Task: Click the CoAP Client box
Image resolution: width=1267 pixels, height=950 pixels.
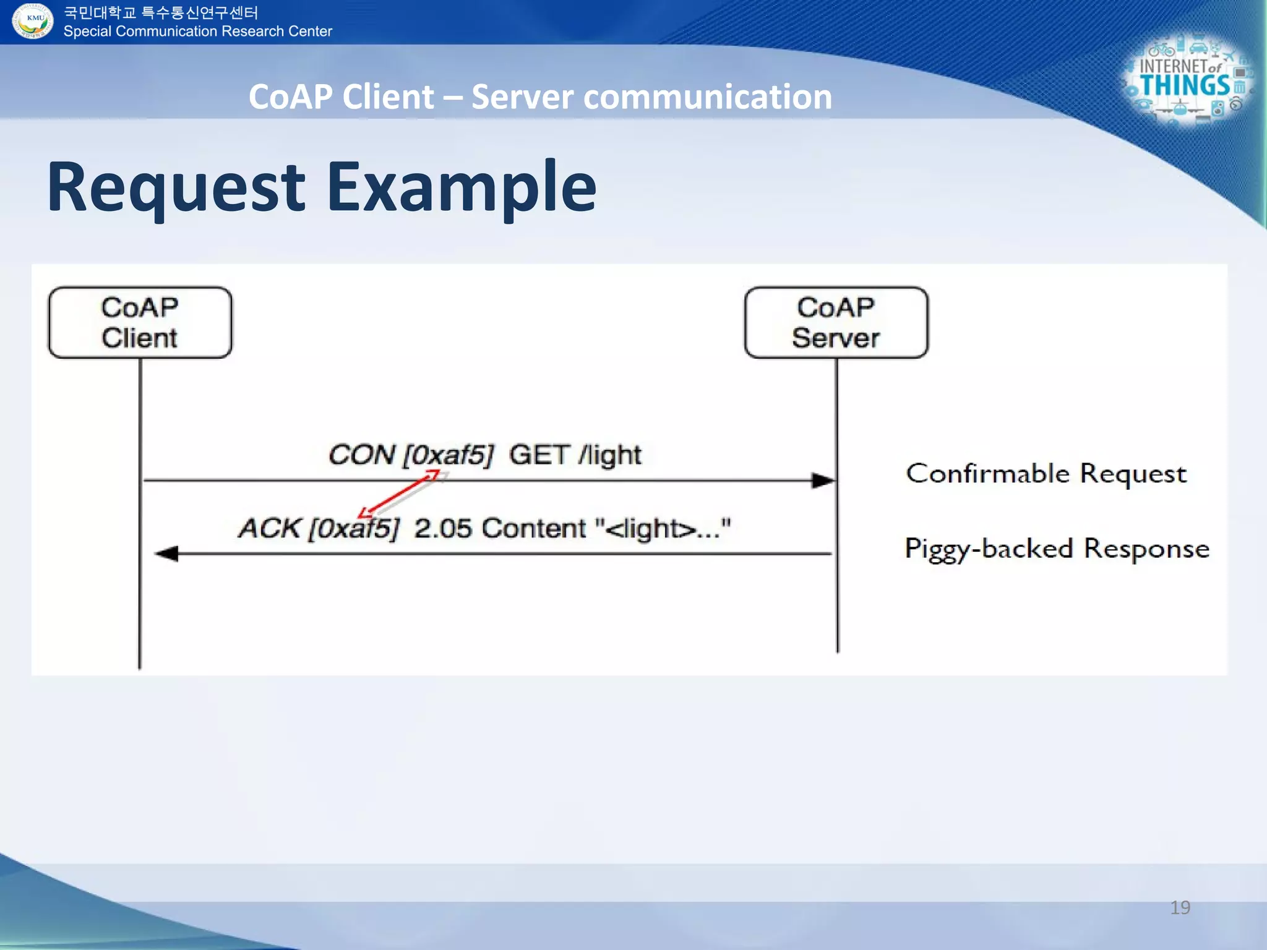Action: click(x=140, y=322)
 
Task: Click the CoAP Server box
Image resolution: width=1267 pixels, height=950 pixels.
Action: click(x=836, y=322)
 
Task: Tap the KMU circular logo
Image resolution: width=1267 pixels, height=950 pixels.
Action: click(x=32, y=20)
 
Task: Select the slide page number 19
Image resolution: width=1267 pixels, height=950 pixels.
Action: click(x=1180, y=907)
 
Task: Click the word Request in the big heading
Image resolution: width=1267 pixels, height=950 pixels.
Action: click(x=176, y=187)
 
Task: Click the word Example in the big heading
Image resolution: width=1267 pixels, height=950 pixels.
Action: click(x=461, y=187)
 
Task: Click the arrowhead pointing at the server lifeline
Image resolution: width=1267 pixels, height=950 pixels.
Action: click(x=823, y=480)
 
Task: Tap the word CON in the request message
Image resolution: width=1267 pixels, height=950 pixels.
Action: click(x=361, y=455)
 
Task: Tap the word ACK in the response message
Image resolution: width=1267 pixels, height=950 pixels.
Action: click(x=269, y=528)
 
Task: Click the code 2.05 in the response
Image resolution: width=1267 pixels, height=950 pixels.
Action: click(x=443, y=528)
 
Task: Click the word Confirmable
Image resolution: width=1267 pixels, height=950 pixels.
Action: click(x=987, y=474)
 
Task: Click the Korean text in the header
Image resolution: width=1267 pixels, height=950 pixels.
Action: click(x=161, y=12)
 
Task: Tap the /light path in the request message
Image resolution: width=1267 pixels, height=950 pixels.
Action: click(x=610, y=455)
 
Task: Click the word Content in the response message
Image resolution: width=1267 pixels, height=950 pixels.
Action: click(x=533, y=528)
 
